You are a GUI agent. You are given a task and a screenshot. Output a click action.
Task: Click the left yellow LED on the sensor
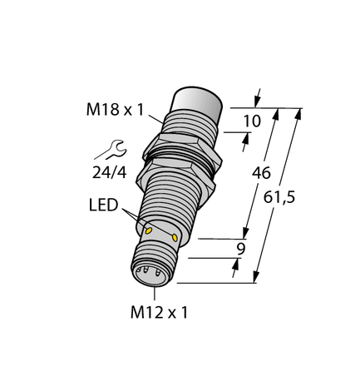148,229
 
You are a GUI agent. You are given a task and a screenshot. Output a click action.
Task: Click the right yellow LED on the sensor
175,239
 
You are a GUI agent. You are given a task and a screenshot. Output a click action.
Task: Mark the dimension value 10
250,122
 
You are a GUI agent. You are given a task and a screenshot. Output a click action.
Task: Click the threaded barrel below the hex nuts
170,204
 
